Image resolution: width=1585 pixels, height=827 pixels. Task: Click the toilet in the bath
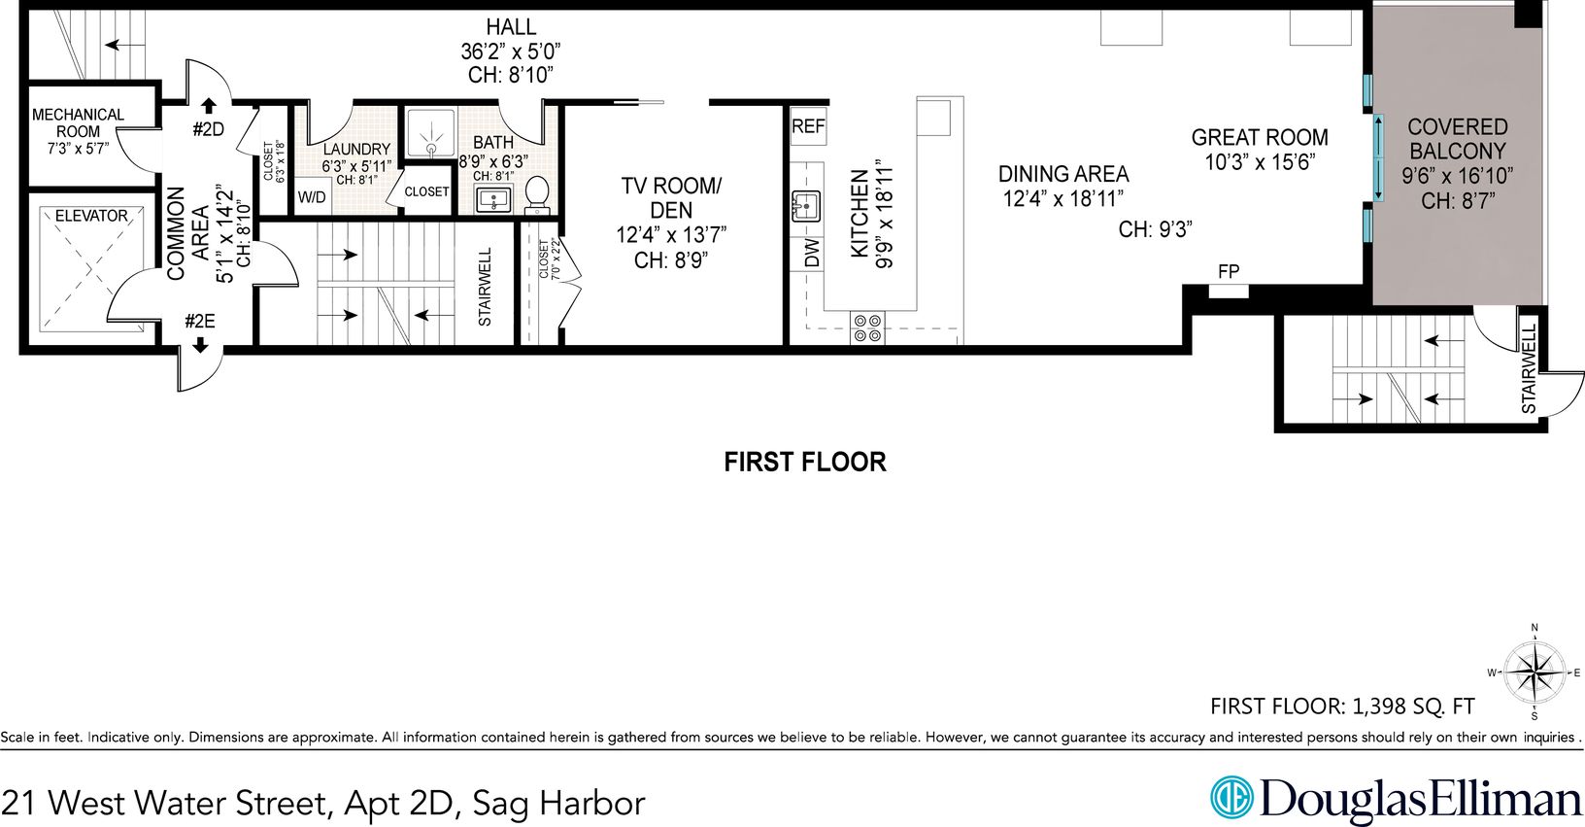(538, 194)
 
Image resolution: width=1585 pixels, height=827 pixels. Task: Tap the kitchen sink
(806, 206)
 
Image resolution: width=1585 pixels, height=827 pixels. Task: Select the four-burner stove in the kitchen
(867, 328)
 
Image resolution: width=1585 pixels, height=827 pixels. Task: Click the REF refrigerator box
(808, 126)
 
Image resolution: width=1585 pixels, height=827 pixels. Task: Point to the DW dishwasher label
(812, 253)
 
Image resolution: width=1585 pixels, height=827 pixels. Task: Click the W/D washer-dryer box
(312, 197)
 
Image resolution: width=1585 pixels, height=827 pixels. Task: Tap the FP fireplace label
(1229, 271)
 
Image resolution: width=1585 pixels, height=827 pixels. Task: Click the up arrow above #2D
(208, 106)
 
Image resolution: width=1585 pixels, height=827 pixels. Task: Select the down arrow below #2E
(200, 345)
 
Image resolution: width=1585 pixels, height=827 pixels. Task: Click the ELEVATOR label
(91, 216)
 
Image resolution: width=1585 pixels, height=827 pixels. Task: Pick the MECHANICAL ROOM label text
(78, 123)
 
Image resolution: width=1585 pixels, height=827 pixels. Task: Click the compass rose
(1534, 672)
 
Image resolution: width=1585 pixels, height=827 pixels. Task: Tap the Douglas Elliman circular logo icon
(1231, 797)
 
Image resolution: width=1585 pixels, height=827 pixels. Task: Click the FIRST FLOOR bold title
(804, 462)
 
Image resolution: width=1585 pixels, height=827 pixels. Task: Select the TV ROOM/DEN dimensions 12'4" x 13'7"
(671, 234)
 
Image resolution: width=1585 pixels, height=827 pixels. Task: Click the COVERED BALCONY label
(1457, 139)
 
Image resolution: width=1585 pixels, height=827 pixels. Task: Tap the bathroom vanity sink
(493, 199)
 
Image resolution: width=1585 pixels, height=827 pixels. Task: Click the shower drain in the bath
(431, 148)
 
